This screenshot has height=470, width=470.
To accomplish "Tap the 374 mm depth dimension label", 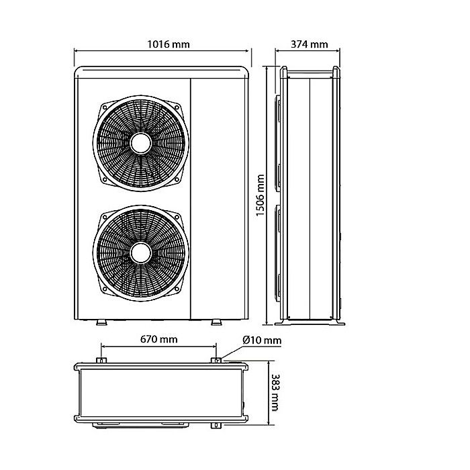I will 310,44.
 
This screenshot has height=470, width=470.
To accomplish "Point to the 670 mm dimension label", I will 159,339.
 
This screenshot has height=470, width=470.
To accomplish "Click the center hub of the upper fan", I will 141,143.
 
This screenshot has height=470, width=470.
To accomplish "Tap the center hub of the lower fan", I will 141,252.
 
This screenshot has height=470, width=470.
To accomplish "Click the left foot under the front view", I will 101,322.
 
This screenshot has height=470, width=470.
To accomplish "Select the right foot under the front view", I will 216,322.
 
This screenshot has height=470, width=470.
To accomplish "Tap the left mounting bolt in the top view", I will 101,362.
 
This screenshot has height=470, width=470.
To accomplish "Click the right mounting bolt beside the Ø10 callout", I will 216,362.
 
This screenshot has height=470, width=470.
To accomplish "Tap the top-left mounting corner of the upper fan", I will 102,105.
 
